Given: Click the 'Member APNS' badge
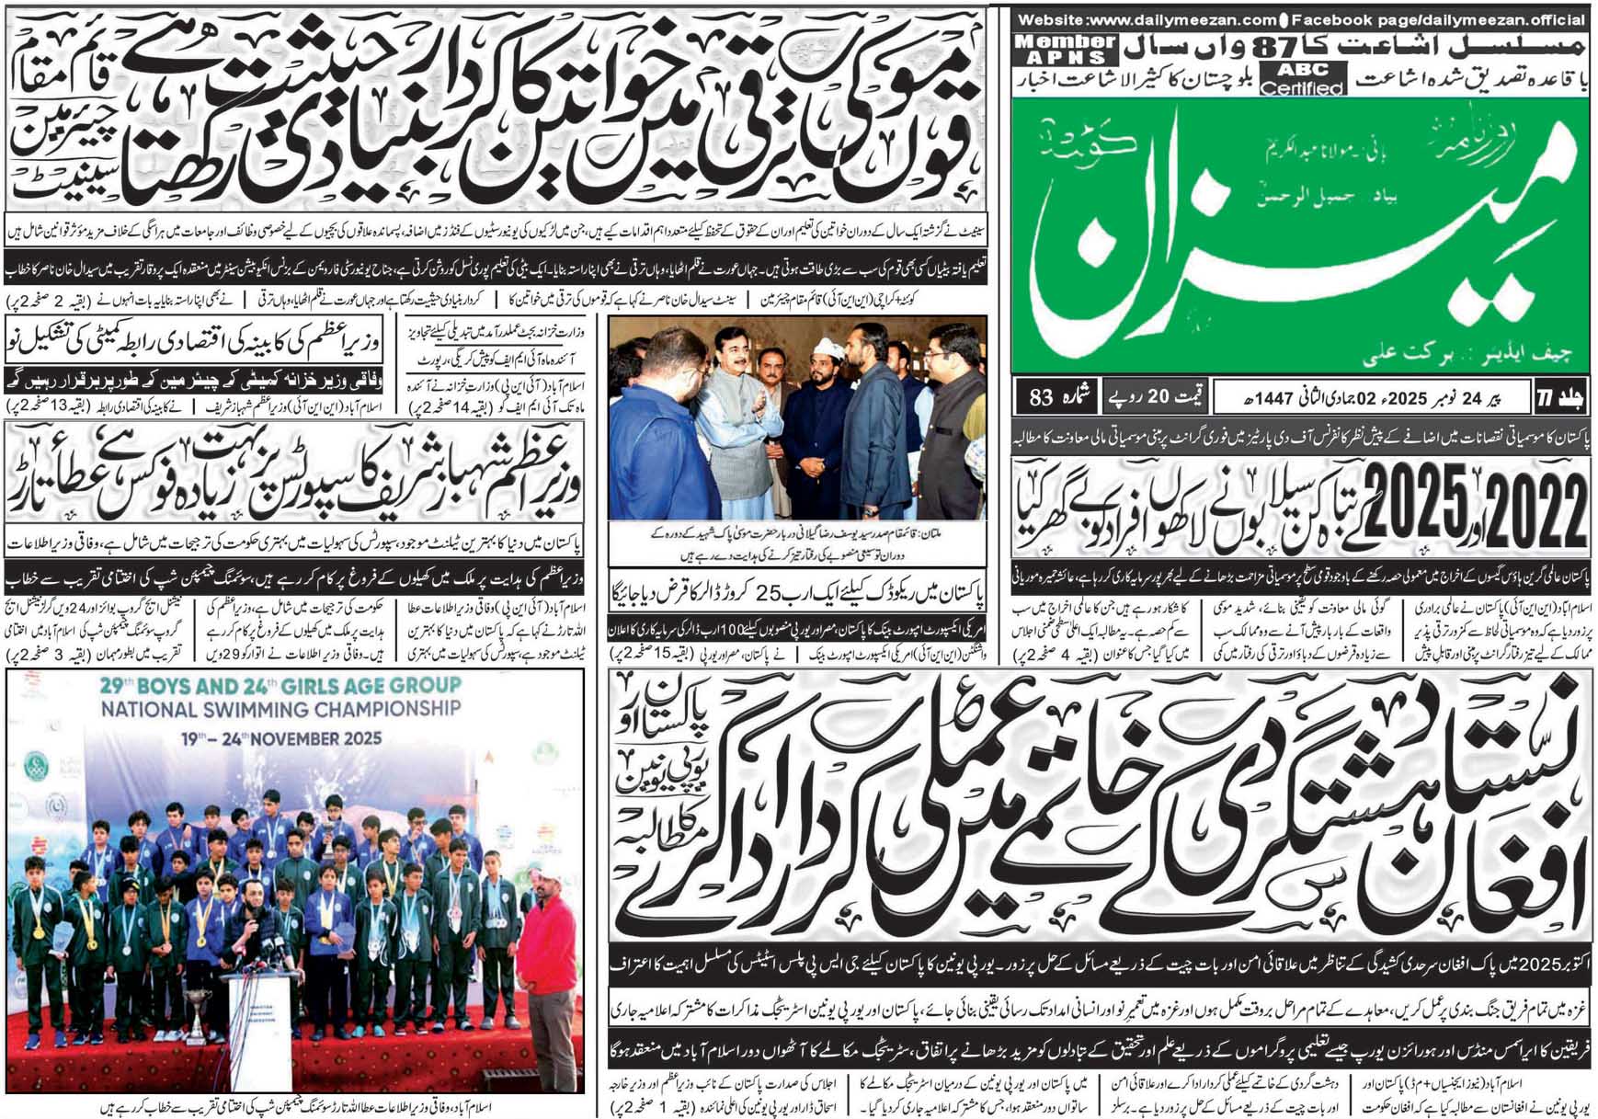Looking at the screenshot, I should pos(1066,50).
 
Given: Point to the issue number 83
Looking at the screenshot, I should pos(1041,399).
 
